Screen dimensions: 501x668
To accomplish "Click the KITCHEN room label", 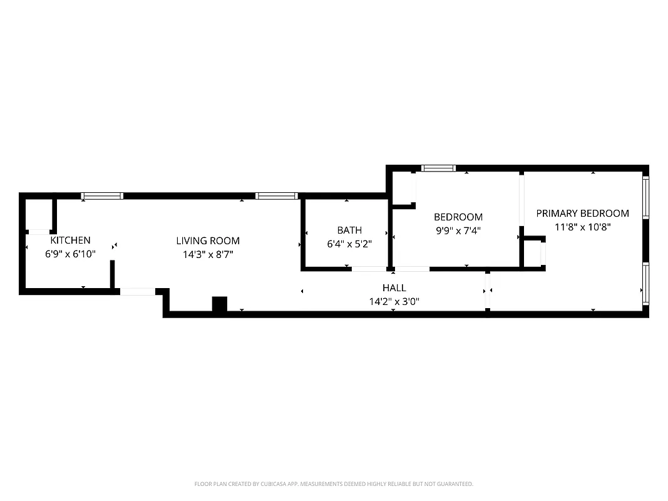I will [70, 240].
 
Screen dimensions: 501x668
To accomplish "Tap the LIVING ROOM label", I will [207, 240].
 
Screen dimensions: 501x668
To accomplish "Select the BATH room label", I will [349, 230].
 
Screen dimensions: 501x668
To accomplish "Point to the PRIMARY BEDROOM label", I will [582, 213].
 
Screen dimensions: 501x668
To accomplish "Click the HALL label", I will [394, 287].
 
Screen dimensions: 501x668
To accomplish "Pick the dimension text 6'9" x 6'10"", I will [70, 254].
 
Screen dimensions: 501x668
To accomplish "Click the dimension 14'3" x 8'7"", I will [207, 254].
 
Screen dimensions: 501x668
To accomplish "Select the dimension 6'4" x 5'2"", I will [349, 244].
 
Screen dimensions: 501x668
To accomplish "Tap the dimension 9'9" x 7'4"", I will [458, 231].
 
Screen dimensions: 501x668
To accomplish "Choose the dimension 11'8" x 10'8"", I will [582, 227].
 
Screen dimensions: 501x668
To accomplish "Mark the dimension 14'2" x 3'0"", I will [394, 301].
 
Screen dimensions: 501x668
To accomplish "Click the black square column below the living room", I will [219, 304].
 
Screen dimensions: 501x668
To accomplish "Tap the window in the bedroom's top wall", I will [438, 168].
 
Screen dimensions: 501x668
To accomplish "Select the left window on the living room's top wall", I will [103, 196].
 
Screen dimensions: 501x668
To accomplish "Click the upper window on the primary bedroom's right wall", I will [645, 197].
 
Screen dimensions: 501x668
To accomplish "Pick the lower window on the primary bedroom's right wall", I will [645, 284].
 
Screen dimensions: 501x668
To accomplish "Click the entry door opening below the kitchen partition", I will [137, 291].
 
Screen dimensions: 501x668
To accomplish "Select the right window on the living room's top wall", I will [276, 196].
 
